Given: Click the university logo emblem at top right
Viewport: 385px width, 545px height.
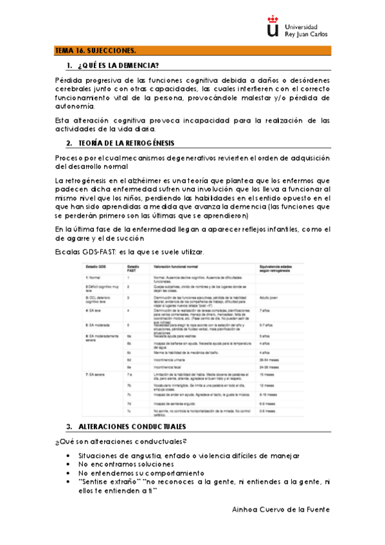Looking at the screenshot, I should coord(273,28).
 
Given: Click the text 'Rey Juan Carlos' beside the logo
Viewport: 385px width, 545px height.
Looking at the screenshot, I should coord(307,34).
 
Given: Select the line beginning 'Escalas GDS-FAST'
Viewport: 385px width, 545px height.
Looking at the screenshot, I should coord(119,251).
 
